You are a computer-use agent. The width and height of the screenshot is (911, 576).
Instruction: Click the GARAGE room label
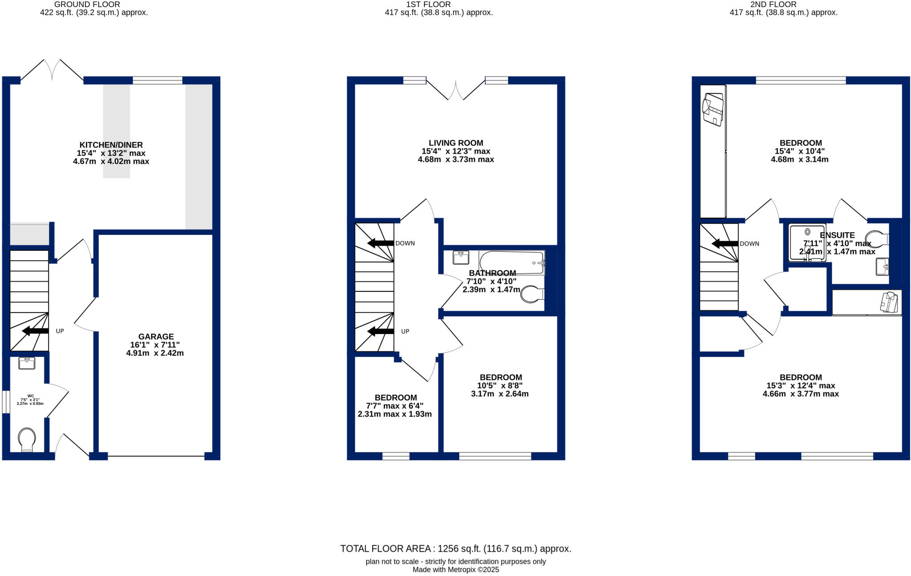point(156,337)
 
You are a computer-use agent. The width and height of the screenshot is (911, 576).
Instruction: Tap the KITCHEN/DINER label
point(111,145)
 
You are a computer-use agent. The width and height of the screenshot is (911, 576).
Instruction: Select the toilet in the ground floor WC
point(27,439)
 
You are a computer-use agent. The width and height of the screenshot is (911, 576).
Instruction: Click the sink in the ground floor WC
point(27,363)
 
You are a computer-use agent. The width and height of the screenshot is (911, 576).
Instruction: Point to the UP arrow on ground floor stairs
point(36,331)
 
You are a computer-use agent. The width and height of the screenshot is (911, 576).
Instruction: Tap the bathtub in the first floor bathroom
point(512,262)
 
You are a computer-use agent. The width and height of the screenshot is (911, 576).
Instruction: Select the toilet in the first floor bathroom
point(532,294)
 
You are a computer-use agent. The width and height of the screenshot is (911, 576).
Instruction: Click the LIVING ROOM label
point(455,143)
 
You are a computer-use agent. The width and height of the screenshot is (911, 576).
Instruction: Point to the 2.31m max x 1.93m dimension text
point(395,414)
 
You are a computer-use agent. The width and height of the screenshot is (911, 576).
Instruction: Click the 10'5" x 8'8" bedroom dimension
point(500,386)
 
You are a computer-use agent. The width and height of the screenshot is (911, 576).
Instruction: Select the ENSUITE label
point(837,235)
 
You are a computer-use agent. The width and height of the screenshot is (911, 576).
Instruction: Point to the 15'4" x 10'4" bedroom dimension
point(800,151)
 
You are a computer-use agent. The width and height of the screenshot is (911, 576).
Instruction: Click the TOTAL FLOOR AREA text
point(455,549)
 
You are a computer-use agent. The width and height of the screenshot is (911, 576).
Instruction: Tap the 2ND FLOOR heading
point(783,4)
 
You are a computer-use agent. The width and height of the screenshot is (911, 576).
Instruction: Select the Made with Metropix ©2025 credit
point(455,570)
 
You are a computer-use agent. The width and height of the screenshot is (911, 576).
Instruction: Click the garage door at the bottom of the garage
point(156,456)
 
